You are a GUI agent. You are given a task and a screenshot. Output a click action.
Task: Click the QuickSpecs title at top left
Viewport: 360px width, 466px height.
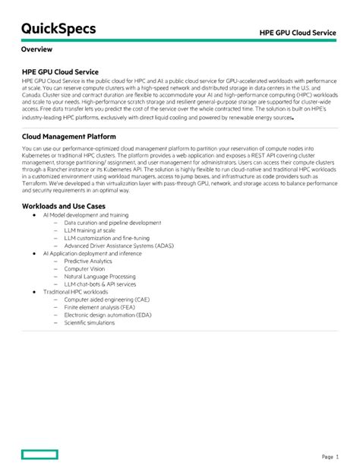point(59,29)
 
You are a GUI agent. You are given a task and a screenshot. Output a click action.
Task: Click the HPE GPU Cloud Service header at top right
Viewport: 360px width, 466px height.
point(298,33)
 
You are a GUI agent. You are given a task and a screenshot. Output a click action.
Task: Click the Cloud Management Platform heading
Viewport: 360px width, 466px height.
point(69,137)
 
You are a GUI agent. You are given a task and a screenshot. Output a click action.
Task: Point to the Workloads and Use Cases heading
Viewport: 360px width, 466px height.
point(63,206)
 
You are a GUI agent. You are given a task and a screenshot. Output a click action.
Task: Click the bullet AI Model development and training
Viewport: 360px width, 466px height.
point(85,215)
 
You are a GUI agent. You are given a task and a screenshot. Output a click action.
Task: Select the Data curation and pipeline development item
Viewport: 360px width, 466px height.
point(112,223)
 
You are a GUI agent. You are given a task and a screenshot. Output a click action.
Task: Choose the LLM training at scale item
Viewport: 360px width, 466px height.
point(90,230)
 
